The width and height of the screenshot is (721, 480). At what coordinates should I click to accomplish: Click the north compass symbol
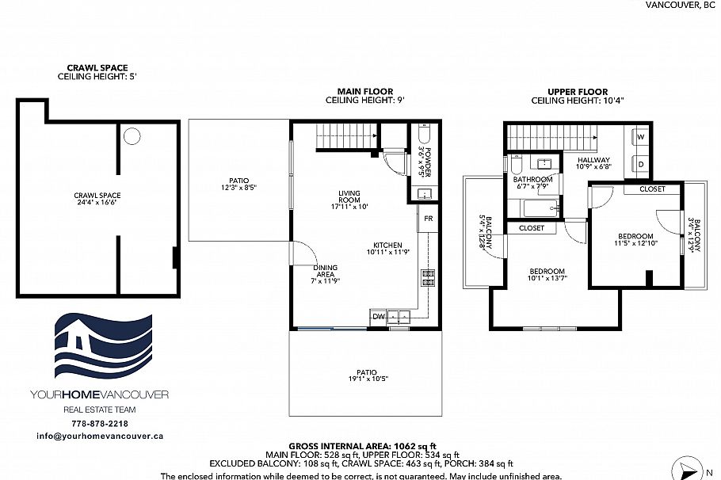[x=685, y=467]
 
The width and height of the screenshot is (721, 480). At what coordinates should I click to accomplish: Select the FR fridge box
[x=427, y=218]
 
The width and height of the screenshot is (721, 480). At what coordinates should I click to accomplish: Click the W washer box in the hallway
[x=641, y=137]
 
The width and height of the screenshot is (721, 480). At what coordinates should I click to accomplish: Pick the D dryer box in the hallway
[x=641, y=164]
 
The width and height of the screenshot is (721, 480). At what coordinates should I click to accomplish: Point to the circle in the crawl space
[x=132, y=135]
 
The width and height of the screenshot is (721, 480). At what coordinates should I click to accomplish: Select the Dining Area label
[x=326, y=273]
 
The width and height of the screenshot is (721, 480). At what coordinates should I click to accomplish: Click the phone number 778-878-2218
[x=99, y=424]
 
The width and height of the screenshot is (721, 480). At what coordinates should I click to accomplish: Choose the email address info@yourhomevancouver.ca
[x=99, y=436]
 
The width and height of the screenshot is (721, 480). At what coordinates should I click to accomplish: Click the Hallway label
[x=593, y=162]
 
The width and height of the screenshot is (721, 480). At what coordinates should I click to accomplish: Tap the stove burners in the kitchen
[x=428, y=276]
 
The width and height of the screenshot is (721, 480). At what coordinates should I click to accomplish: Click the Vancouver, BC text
[x=681, y=5]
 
